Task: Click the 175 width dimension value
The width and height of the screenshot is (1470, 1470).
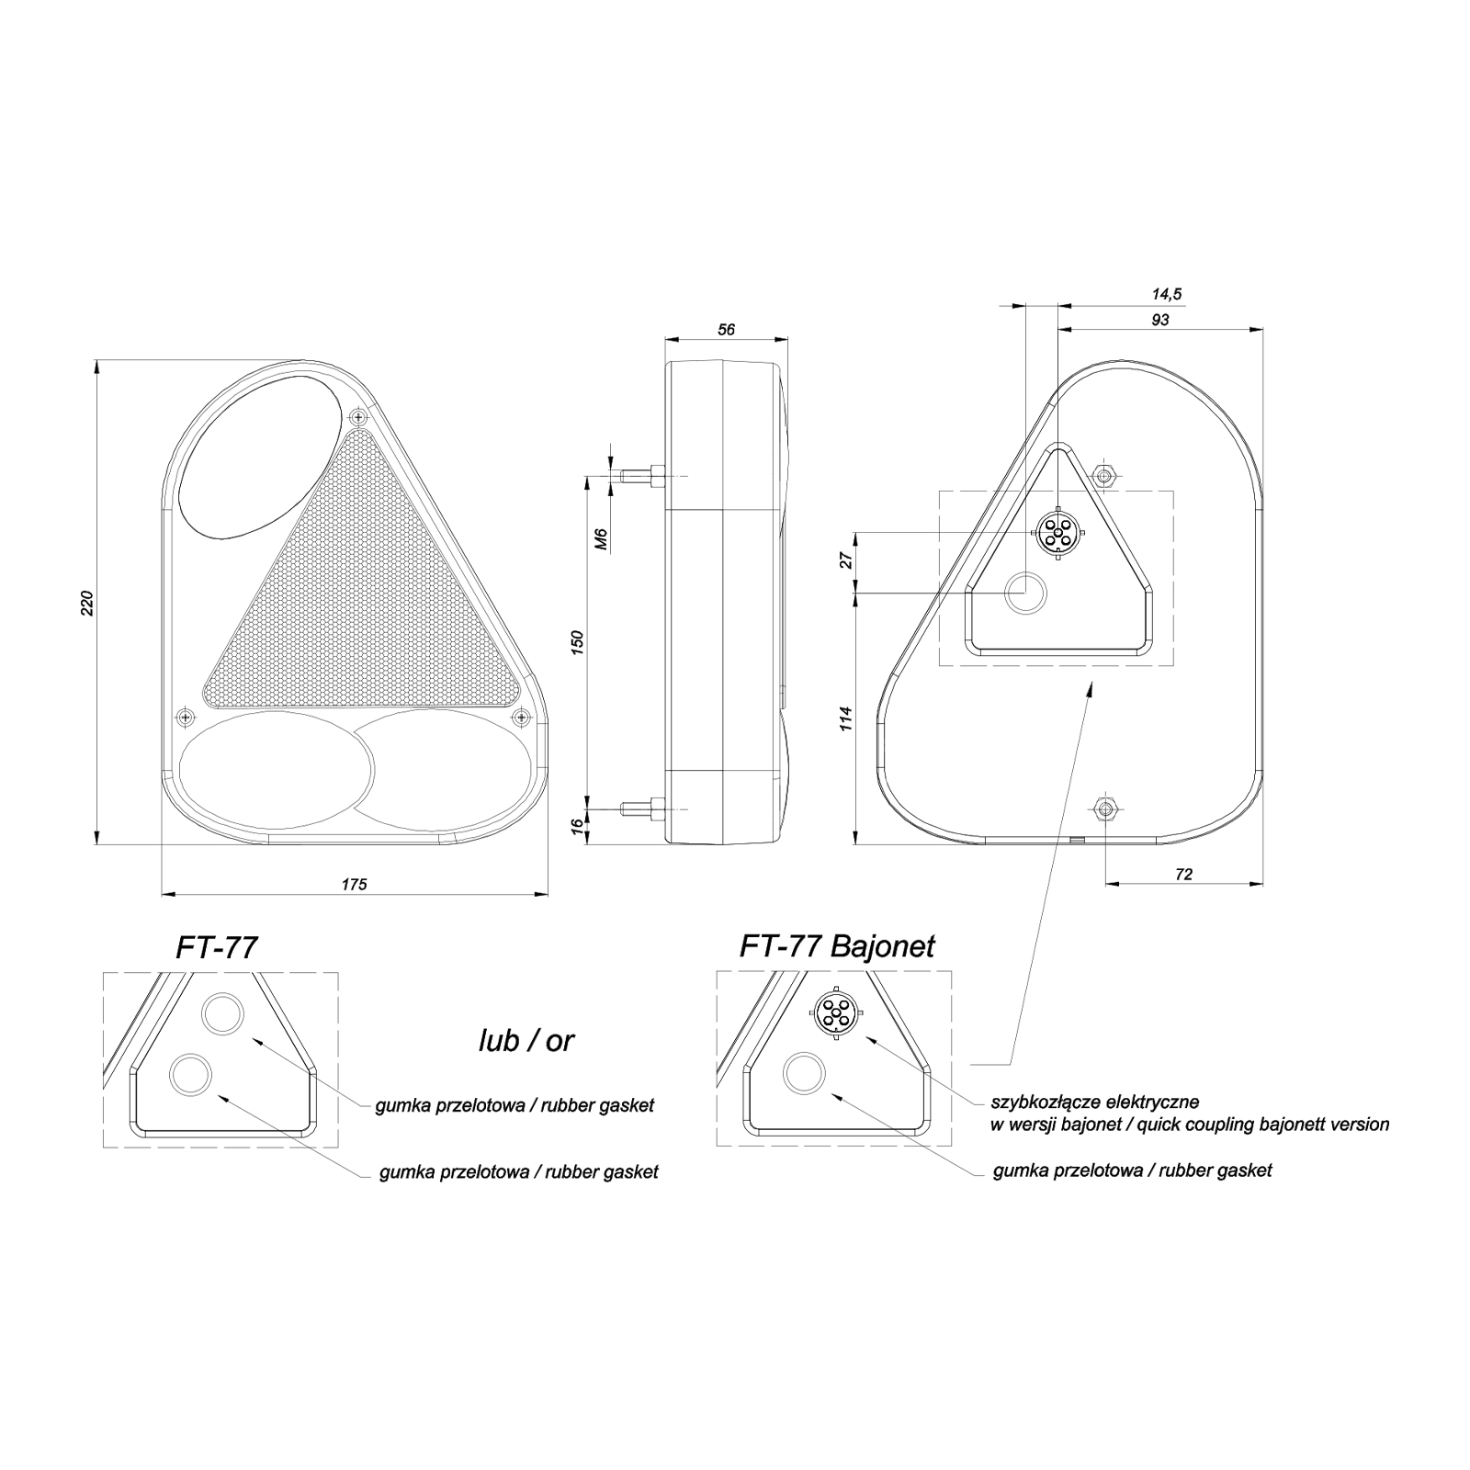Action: tap(354, 884)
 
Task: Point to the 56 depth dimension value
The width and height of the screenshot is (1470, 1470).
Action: tap(727, 330)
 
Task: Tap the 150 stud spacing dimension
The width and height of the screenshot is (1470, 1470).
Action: tap(578, 642)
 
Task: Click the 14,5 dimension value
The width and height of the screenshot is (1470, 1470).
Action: tap(1167, 294)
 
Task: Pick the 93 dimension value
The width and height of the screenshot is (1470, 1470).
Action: tap(1159, 320)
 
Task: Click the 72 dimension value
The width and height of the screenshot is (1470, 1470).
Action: tap(1183, 875)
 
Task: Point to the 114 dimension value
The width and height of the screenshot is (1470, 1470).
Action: tap(847, 718)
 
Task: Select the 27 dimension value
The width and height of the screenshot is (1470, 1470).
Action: tap(847, 560)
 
